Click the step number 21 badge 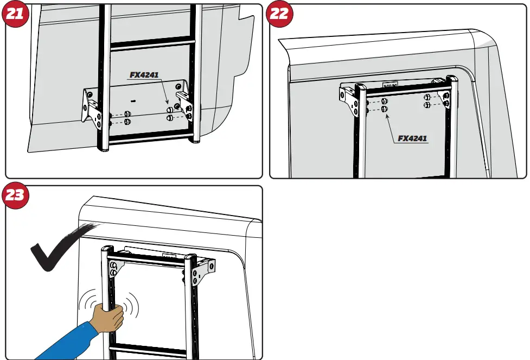(15, 15)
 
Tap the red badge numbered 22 (279, 15)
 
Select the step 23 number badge (15, 195)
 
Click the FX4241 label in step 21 (144, 75)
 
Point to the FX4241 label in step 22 (412, 138)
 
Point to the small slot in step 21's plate (133, 100)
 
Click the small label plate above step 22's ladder (389, 85)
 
